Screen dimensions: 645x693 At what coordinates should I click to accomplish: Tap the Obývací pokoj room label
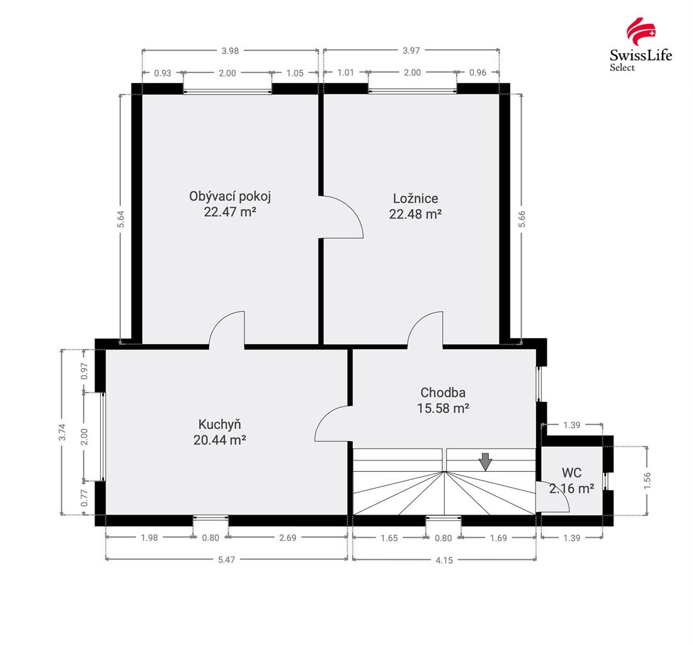click(x=230, y=196)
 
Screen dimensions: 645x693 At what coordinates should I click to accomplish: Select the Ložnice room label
click(x=415, y=198)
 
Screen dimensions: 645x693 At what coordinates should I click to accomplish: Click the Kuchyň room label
click(x=219, y=424)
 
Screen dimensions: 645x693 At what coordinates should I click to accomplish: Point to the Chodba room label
click(x=443, y=393)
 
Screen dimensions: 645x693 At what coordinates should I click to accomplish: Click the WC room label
click(x=571, y=472)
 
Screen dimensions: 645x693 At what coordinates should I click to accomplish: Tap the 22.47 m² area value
click(x=230, y=212)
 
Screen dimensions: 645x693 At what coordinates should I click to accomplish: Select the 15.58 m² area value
click(x=443, y=408)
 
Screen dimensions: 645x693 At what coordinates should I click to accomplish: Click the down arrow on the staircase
click(x=484, y=462)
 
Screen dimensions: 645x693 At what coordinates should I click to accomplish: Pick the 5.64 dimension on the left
click(x=121, y=218)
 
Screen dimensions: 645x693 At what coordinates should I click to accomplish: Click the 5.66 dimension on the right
click(x=521, y=218)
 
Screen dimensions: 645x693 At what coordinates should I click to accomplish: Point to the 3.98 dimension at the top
click(x=230, y=51)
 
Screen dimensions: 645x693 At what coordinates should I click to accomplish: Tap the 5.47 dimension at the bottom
click(x=226, y=559)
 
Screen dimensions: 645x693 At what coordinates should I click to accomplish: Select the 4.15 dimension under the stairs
click(x=444, y=559)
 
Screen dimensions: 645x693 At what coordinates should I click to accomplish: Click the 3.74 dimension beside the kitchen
click(x=62, y=431)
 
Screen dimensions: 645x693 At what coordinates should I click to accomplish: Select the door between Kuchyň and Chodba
click(x=332, y=423)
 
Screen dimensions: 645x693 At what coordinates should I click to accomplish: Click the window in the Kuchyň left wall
click(x=101, y=437)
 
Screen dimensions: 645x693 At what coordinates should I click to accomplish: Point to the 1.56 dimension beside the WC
click(x=647, y=480)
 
